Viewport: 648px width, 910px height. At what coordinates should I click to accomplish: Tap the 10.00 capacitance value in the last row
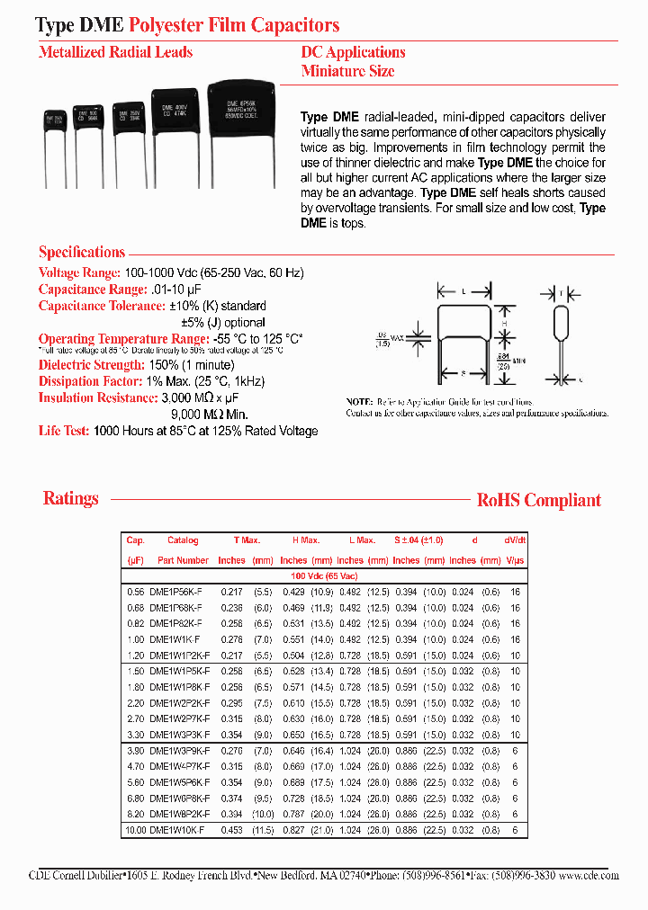(x=135, y=829)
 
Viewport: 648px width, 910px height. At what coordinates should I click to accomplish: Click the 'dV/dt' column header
(x=515, y=540)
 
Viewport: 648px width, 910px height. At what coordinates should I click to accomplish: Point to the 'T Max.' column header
(x=247, y=540)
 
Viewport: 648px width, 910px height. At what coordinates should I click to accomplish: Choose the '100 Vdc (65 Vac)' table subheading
(x=324, y=575)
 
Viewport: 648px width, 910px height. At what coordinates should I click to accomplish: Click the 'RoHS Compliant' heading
(x=538, y=501)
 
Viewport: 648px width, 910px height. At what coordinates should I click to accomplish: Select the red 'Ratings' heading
(x=70, y=498)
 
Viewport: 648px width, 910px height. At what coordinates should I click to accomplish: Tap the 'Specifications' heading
(x=81, y=253)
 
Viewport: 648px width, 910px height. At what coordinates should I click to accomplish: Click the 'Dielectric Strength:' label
(x=92, y=365)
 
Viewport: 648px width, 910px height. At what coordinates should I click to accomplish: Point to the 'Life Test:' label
(x=63, y=431)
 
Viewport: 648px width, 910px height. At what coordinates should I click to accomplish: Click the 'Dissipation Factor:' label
(x=91, y=381)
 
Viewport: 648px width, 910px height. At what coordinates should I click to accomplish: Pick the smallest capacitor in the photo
(x=55, y=124)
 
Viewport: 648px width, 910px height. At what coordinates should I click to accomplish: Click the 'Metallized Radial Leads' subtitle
(x=115, y=52)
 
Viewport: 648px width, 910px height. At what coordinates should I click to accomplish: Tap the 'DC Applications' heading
(x=353, y=52)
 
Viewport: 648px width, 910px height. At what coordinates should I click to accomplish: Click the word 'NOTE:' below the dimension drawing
(x=359, y=402)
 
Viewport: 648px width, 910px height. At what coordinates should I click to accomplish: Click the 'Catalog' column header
(x=183, y=540)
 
